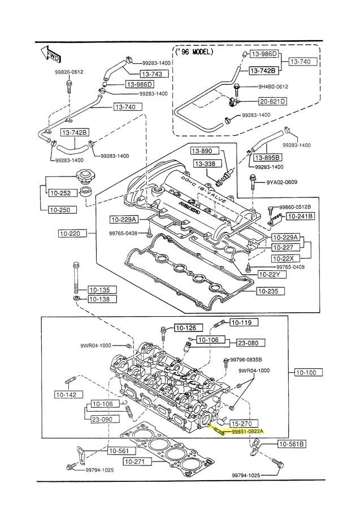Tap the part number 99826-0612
pyautogui.click(x=69, y=72)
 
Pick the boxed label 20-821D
pyautogui.click(x=272, y=101)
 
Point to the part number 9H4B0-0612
pyautogui.click(x=274, y=87)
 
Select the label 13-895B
pyautogui.click(x=267, y=157)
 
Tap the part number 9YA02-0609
pyautogui.click(x=281, y=182)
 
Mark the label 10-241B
pyautogui.click(x=300, y=216)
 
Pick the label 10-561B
pyautogui.click(x=292, y=445)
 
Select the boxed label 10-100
pyautogui.click(x=309, y=373)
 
